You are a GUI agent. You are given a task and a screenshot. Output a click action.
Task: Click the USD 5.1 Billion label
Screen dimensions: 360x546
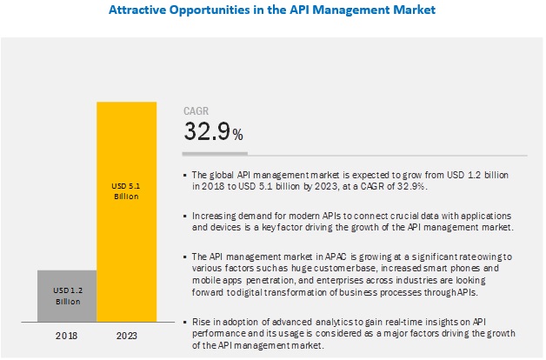126,190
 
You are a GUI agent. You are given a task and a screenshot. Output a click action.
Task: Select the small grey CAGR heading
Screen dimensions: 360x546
196,110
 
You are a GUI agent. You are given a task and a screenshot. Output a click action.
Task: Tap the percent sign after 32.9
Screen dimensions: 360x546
237,134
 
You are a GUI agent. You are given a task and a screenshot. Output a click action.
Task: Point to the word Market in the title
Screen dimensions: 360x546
412,10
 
